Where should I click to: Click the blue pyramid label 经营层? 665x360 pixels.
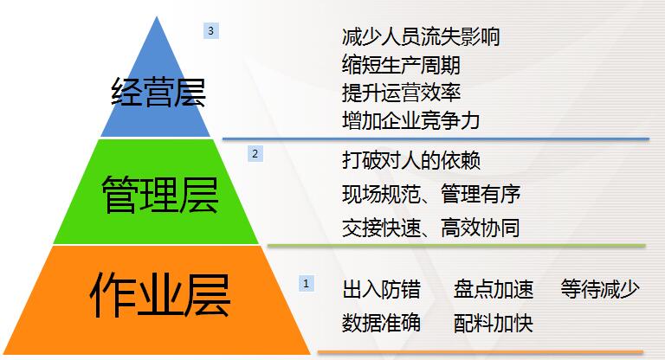(x=158, y=92)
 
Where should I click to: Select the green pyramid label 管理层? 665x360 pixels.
(x=160, y=195)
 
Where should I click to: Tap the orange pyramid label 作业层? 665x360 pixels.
(x=160, y=295)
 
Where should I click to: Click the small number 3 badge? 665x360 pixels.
(x=211, y=31)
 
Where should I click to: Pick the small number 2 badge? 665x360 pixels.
(x=255, y=153)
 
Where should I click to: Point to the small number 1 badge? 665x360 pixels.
(x=307, y=284)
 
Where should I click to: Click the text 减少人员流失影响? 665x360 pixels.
(x=421, y=36)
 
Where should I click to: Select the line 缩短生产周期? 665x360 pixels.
(x=401, y=65)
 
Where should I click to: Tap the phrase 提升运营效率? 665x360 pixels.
(x=401, y=93)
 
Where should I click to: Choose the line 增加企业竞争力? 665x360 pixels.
(x=410, y=120)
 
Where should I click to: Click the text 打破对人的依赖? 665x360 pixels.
(x=410, y=161)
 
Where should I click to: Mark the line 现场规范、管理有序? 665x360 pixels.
(x=431, y=194)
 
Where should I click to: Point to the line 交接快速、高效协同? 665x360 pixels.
(x=431, y=228)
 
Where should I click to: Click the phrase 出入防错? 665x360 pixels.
(x=381, y=290)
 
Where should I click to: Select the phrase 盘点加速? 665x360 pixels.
(x=494, y=290)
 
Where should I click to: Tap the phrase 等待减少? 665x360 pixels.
(x=600, y=290)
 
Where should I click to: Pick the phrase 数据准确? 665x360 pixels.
(x=381, y=323)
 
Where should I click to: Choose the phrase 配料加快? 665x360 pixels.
(x=494, y=323)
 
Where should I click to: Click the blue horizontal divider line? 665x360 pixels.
(x=436, y=138)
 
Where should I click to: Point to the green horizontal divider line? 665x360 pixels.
(x=456, y=246)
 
